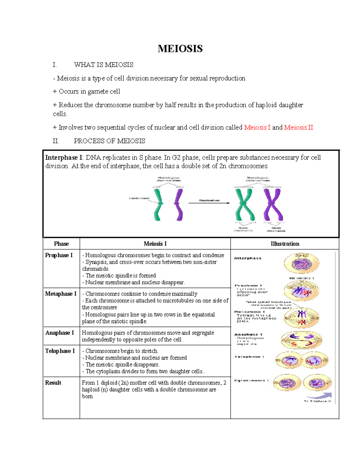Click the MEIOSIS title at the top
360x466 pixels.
point(180,49)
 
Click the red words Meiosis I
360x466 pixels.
point(257,128)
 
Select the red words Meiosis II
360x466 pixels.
point(298,128)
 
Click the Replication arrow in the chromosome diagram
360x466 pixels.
point(209,203)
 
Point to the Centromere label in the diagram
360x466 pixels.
point(139,198)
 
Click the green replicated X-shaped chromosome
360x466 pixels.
point(245,205)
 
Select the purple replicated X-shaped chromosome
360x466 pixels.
point(273,205)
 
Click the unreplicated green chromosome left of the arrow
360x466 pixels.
point(158,205)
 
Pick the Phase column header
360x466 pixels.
point(61,244)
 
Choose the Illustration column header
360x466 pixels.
point(285,244)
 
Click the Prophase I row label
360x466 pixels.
point(59,255)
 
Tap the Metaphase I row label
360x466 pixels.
point(61,294)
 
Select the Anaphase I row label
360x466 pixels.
point(59,333)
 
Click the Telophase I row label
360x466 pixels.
point(60,351)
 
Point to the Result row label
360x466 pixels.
point(53,383)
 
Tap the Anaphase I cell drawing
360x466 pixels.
point(301,340)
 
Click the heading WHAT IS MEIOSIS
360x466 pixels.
point(103,65)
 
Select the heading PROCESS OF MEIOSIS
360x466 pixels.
point(109,141)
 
